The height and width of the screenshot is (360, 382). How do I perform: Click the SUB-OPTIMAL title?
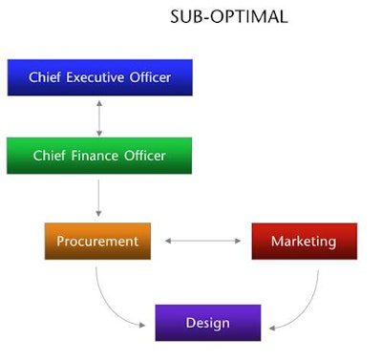coord(228,18)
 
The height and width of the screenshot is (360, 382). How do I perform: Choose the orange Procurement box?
coord(97,241)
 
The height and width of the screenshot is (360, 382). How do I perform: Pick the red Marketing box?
coord(304,241)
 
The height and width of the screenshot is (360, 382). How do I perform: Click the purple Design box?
coord(207,322)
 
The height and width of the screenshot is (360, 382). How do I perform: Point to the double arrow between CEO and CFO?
coord(98,116)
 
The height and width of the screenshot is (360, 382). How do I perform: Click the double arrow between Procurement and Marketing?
coord(202,241)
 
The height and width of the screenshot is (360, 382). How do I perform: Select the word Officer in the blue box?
coord(149,77)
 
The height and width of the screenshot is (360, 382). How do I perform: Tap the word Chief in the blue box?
coord(44,77)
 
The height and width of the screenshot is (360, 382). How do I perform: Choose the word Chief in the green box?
coord(50,156)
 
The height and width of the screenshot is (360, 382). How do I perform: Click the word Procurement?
coord(97,242)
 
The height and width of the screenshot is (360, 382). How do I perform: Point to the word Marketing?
coord(304,242)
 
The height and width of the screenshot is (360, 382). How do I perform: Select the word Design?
coord(207,323)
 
